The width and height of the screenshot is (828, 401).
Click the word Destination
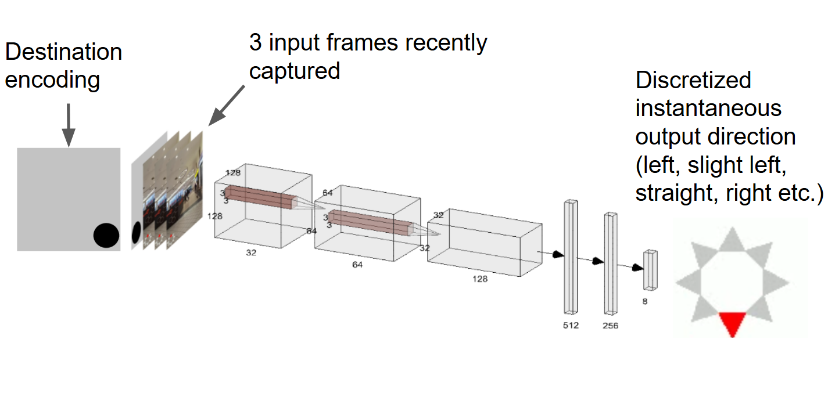click(63, 52)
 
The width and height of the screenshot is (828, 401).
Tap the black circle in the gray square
click(106, 236)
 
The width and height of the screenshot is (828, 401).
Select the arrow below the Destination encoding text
click(69, 125)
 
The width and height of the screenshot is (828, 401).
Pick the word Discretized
click(693, 80)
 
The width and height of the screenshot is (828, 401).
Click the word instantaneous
click(708, 108)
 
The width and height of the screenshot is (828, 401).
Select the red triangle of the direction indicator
click(732, 323)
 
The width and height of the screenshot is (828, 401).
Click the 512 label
click(571, 325)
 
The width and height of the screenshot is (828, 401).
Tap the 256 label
click(610, 325)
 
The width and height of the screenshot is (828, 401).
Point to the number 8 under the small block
click(644, 302)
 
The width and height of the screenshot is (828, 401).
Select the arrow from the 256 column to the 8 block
click(631, 266)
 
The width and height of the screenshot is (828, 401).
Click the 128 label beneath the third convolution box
click(480, 279)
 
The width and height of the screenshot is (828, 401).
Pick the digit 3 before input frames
click(255, 43)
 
